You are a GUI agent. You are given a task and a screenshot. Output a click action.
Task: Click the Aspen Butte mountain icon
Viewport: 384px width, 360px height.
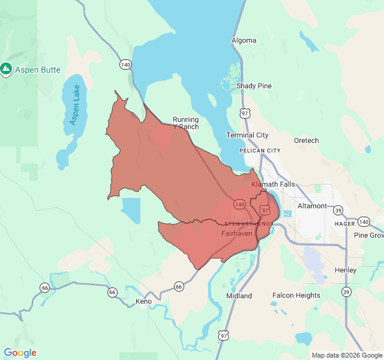7,70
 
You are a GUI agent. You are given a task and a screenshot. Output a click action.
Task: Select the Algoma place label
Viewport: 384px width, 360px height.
244,41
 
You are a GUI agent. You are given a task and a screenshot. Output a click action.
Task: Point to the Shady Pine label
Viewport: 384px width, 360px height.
254,86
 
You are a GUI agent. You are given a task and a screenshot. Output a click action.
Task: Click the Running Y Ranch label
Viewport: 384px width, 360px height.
185,123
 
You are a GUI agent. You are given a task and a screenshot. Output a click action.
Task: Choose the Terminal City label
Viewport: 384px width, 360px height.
247,135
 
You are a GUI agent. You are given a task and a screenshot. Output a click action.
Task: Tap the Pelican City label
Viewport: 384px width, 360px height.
259,151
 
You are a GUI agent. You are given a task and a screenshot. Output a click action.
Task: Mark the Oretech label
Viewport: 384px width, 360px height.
306,140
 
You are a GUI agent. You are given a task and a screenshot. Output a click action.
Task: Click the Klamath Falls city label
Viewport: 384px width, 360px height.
273,184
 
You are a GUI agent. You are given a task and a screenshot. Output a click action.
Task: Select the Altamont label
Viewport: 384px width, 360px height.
312,206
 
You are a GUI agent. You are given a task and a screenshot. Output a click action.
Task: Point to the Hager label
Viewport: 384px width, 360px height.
345,223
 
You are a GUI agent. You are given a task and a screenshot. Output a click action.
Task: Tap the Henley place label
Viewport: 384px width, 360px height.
346,270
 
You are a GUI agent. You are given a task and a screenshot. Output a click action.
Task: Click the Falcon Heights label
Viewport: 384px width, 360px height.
296,295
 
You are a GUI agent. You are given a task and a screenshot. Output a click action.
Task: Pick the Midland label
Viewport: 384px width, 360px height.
239,296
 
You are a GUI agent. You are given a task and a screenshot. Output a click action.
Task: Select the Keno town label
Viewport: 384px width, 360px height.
143,301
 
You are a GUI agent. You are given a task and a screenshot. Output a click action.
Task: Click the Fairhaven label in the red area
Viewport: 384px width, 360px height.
236,233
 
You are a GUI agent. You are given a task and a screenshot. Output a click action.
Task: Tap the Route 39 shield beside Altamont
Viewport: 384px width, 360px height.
338,210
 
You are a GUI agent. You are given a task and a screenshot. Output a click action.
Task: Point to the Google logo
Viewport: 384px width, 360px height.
20,353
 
